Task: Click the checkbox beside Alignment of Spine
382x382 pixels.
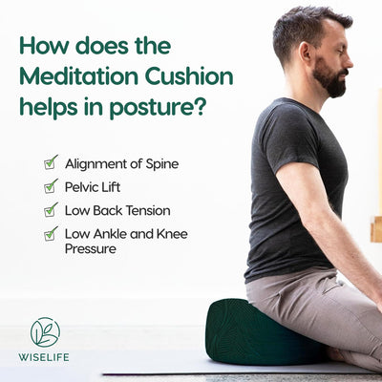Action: (x=51, y=162)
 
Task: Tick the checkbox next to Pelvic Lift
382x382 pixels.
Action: (x=51, y=186)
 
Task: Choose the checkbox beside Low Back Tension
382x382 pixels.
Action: (x=51, y=209)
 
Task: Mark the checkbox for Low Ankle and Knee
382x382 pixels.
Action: (x=51, y=232)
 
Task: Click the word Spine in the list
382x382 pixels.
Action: (x=160, y=164)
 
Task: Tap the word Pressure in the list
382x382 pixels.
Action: (x=91, y=249)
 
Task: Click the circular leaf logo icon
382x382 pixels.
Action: (x=45, y=331)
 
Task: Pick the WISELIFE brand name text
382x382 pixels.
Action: (x=45, y=361)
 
